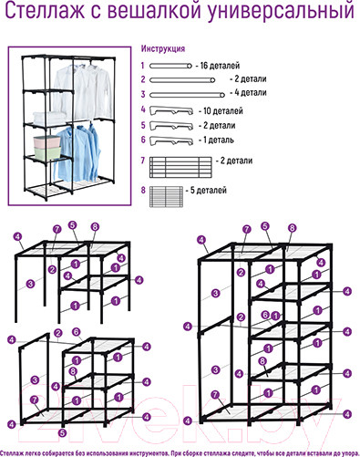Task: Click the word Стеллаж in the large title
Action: tap(45, 11)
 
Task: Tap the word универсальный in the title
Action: tap(281, 12)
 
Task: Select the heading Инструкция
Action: tap(163, 48)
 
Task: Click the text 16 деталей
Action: tap(220, 66)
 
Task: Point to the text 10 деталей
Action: tap(223, 110)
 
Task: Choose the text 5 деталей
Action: tap(209, 191)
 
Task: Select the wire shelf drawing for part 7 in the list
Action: tap(180, 167)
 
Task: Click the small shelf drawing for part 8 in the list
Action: tap(166, 197)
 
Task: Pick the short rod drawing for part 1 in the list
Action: tap(170, 66)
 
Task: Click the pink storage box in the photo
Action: tap(46, 142)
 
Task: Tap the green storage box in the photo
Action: tap(47, 153)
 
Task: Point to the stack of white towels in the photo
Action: tap(49, 118)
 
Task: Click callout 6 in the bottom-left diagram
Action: tap(77, 331)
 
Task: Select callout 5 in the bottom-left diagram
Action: tap(62, 432)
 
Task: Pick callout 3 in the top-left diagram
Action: tap(30, 285)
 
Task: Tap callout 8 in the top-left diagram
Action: tap(95, 226)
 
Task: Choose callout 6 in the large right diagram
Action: tap(265, 315)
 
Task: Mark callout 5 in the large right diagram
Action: tap(265, 226)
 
